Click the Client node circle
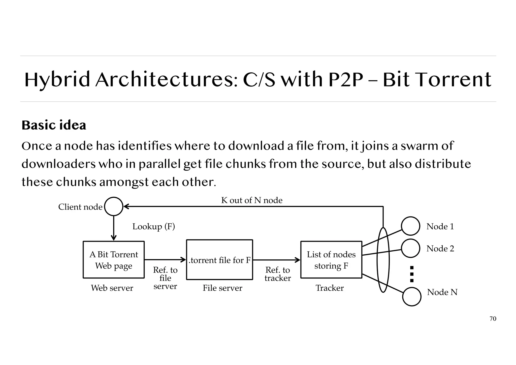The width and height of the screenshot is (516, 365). coord(114,206)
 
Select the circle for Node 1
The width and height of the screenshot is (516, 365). coord(410,226)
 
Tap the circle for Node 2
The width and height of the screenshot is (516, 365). coord(410,248)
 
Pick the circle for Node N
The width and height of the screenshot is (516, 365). coord(412,297)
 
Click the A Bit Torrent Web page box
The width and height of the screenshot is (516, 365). coord(114,260)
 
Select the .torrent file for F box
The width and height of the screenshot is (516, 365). coord(219,260)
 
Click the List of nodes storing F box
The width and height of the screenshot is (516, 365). coord(331,260)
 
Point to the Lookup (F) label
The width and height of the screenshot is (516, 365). coord(153,226)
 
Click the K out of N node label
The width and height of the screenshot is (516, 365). coord(252,200)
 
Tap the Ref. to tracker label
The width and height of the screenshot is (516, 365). coord(278,274)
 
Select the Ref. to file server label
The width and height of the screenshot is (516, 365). coord(165,278)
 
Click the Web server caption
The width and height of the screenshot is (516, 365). coord(112,288)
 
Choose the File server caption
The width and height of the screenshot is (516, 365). coord(222,288)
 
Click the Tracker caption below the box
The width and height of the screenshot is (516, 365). coord(330,288)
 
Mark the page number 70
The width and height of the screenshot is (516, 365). coord(493,319)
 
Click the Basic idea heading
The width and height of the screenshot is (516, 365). coord(54,125)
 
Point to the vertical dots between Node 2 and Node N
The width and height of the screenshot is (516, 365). coord(412,274)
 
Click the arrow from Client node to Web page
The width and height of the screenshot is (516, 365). coord(114,228)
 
